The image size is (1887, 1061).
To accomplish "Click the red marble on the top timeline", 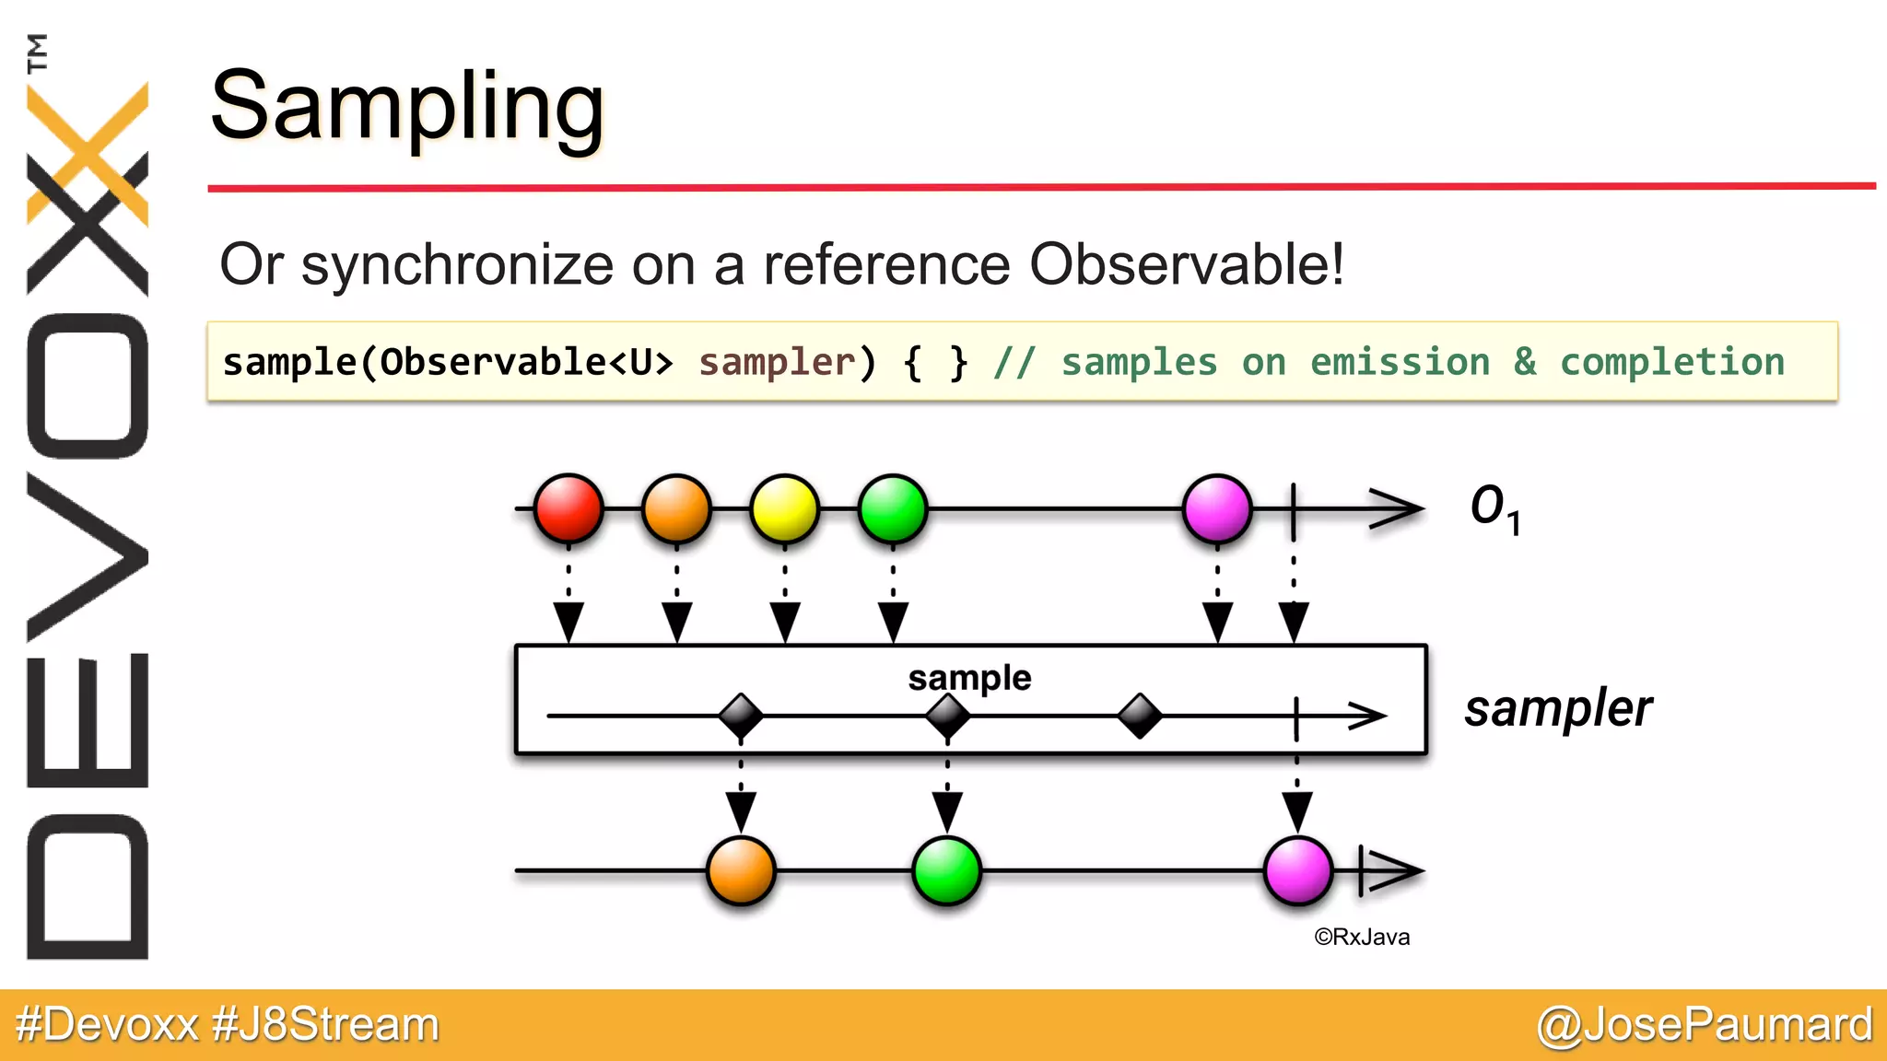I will (x=568, y=508).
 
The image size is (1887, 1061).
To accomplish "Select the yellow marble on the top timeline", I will (x=784, y=508).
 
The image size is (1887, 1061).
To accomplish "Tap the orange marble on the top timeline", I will (x=676, y=508).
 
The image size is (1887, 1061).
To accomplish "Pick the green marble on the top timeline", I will (x=892, y=508).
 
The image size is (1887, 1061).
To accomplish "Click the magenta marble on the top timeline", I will (x=1217, y=508).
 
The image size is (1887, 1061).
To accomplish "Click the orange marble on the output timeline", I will (x=740, y=870).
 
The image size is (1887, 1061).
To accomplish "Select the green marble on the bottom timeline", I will (x=946, y=870).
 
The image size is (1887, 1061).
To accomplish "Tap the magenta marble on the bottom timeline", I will (x=1297, y=870).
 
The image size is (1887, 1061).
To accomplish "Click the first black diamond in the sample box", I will (x=740, y=716).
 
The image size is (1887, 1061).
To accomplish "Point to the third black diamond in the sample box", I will (x=1139, y=716).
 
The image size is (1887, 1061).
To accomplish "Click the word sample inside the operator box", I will (x=969, y=678).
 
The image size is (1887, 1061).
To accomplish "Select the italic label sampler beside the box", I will (x=1558, y=708).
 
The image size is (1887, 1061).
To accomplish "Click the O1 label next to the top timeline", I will (x=1494, y=507).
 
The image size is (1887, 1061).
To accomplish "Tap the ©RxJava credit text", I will (x=1362, y=937).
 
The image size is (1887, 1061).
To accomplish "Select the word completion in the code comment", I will (x=1671, y=362).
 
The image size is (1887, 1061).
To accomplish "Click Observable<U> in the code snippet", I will (x=526, y=362).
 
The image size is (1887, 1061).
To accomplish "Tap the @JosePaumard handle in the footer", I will (x=1704, y=1024).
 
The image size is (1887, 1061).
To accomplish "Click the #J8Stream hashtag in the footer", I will (x=325, y=1024).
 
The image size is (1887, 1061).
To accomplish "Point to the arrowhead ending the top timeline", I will (x=1399, y=508).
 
